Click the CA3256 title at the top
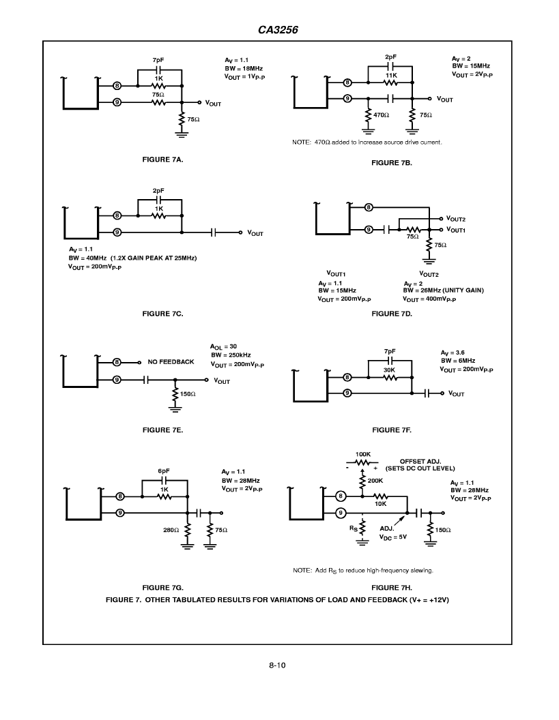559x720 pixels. [278, 30]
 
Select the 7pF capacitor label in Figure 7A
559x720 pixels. [158, 60]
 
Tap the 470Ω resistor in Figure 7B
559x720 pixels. [368, 116]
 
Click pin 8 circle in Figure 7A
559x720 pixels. [117, 86]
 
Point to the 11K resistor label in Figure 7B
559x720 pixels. [391, 75]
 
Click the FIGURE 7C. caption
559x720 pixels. [162, 314]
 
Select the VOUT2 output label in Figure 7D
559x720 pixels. [456, 219]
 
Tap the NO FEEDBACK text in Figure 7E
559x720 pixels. [171, 362]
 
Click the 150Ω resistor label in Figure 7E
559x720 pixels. [188, 394]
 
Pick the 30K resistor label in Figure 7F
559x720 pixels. [389, 370]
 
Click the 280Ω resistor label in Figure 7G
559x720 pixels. [171, 530]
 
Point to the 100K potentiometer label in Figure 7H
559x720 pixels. [362, 454]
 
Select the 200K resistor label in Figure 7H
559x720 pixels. [375, 481]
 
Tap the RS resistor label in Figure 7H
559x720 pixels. [353, 528]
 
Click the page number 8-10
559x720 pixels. [277, 665]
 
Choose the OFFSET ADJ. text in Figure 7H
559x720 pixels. [420, 462]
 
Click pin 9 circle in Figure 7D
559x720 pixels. [369, 230]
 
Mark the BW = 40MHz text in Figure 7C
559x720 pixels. [88, 258]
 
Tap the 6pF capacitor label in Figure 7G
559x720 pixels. [164, 471]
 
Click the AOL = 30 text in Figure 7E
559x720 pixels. [223, 346]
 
